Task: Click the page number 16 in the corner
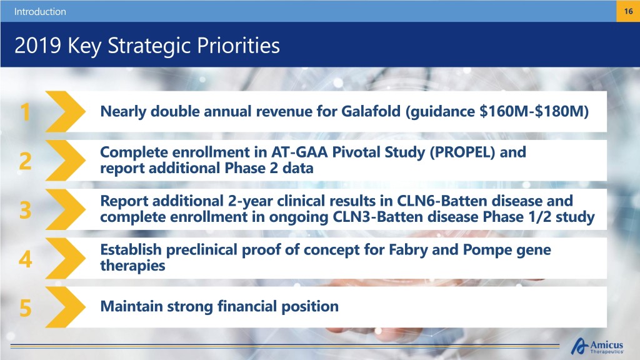[628, 11]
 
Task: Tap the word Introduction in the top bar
[40, 12]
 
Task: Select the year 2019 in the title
[37, 45]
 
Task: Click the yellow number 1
[26, 112]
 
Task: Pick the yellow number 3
[25, 210]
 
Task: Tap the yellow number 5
[25, 307]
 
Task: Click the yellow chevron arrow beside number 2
[65, 161]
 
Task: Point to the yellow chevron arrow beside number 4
[65, 258]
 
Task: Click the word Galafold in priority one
[371, 111]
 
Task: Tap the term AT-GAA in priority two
[299, 152]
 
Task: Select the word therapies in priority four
[132, 266]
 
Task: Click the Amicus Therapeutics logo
[597, 346]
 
